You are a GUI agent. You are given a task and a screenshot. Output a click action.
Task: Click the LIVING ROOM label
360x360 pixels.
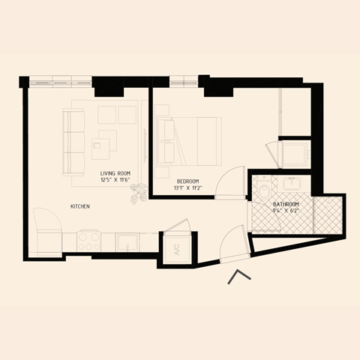(x=115, y=173)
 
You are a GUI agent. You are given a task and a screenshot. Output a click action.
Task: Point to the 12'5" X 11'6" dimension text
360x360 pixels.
(x=115, y=181)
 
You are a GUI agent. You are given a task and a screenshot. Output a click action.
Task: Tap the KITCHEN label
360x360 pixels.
(x=81, y=206)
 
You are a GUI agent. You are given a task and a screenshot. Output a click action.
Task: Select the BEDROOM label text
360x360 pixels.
(x=187, y=181)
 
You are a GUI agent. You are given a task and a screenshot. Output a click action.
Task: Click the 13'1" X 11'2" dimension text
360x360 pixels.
(x=187, y=188)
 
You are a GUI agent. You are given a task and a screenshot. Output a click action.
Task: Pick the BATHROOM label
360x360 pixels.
(x=286, y=205)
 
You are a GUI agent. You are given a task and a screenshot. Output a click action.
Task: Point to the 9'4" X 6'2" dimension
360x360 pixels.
(x=286, y=211)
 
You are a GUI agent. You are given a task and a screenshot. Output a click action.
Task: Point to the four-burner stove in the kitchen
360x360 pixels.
(x=90, y=241)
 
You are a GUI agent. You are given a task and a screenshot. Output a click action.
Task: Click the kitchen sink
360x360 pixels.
(x=126, y=242)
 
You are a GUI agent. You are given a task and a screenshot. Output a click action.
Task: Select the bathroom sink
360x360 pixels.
(x=290, y=184)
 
